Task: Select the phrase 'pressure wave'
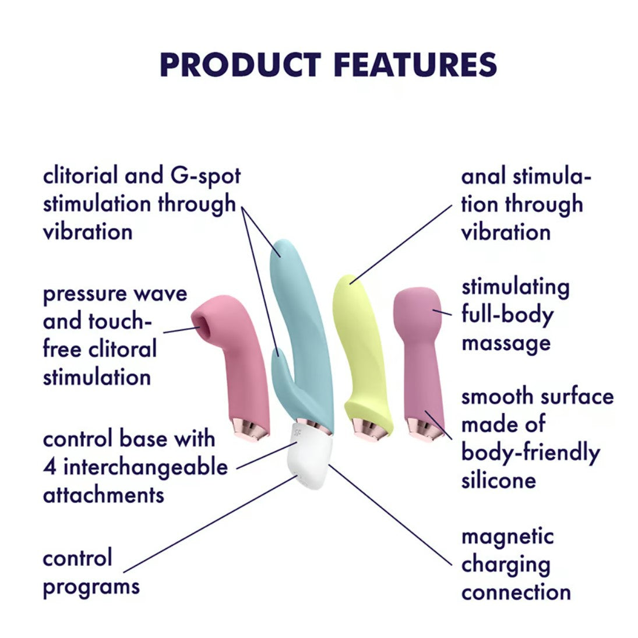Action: (115, 293)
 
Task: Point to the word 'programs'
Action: (91, 586)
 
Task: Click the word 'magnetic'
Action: (507, 536)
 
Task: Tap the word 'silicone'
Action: (498, 481)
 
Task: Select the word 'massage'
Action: (506, 342)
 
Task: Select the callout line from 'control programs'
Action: (210, 524)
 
